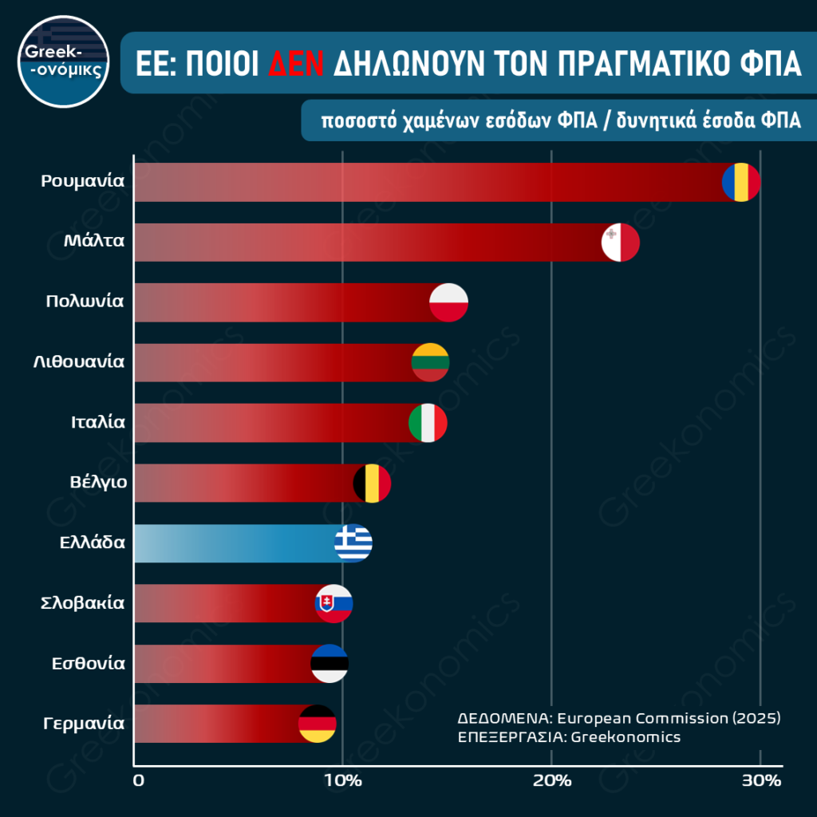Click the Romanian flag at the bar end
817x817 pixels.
741,183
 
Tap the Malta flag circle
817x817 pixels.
620,243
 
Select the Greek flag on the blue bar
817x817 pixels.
353,543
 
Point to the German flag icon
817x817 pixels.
317,724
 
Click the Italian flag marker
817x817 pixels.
428,423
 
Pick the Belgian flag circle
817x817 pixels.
372,483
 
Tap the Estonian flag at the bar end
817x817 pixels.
330,663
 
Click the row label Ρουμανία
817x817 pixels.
83,180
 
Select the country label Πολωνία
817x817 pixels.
85,301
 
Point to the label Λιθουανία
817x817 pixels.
78,361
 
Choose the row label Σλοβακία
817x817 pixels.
82,602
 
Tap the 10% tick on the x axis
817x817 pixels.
342,780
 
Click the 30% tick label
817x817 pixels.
760,780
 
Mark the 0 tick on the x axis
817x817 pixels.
140,780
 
